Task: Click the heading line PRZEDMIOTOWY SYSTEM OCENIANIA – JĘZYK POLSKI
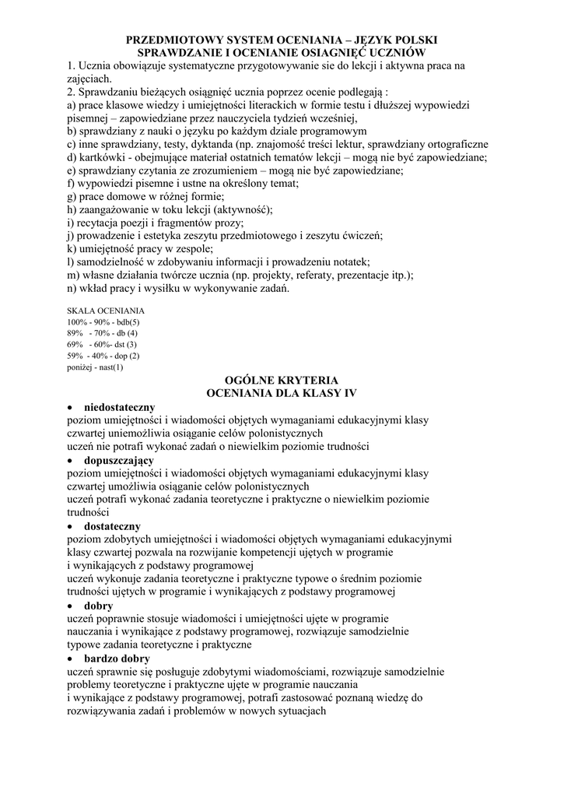(x=282, y=38)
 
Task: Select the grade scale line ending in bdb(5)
(x=103, y=322)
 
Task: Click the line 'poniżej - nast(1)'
(x=96, y=367)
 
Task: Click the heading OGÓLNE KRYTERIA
(x=281, y=380)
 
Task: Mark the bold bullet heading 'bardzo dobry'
(x=117, y=658)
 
